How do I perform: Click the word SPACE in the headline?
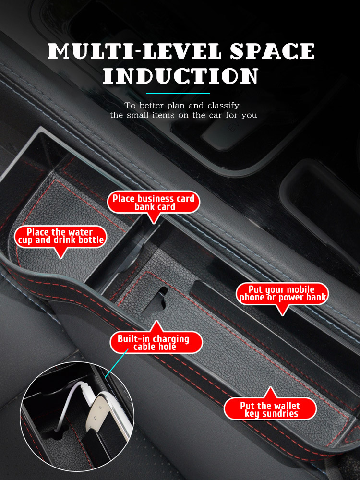click(272, 51)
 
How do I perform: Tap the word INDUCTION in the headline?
click(180, 76)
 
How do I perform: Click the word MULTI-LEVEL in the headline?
click(134, 51)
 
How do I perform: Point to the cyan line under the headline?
click(178, 94)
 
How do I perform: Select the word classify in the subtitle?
click(224, 106)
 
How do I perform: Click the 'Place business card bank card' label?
click(154, 203)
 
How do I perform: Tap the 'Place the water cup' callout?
click(60, 236)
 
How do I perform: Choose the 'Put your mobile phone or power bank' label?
click(282, 294)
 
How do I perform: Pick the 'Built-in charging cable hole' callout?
click(156, 342)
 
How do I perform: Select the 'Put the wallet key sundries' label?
click(270, 409)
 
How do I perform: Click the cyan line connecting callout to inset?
click(116, 363)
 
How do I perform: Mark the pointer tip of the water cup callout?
click(61, 258)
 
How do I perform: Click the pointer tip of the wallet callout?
click(270, 387)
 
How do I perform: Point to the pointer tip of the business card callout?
click(154, 224)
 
